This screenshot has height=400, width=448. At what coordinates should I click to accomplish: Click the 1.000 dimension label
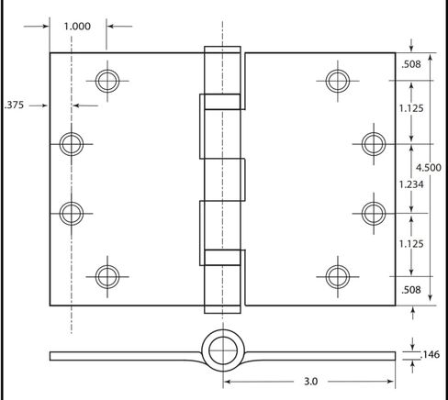77,27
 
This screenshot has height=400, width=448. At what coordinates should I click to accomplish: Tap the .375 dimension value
14,105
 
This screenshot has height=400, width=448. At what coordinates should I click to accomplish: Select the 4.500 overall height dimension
429,168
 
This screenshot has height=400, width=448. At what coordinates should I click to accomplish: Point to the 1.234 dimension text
411,184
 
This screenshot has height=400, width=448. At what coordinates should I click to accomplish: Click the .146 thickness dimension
431,354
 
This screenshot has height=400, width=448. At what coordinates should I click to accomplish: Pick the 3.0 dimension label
310,382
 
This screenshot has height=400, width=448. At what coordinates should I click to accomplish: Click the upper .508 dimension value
411,64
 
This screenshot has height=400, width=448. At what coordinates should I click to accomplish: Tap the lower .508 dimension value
411,290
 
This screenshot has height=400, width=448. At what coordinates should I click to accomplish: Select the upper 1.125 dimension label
411,108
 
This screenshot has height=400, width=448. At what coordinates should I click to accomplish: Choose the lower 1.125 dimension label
411,244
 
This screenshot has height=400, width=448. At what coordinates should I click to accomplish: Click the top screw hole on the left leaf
107,81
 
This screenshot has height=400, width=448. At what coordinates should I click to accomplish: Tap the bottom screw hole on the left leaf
107,277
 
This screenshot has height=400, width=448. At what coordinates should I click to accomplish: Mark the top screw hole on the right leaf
338,81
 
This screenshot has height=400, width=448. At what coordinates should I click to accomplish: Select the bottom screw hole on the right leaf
338,277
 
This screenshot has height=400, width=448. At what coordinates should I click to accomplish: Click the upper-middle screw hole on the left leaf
72,144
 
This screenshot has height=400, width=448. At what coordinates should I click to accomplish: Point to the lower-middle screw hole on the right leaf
374,214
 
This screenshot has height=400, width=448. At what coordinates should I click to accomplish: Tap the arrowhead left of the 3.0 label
227,382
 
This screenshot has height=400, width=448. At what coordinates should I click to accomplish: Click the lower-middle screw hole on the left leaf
72,214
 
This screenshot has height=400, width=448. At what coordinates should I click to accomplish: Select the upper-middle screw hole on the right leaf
374,144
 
